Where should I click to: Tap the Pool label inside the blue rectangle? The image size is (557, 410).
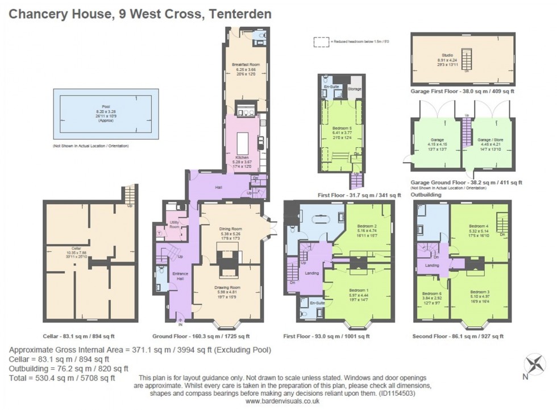[103, 109]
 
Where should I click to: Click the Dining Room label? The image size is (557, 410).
[230, 229]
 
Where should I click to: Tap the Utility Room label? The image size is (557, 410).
[174, 225]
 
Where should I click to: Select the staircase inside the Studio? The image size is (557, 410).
[467, 59]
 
